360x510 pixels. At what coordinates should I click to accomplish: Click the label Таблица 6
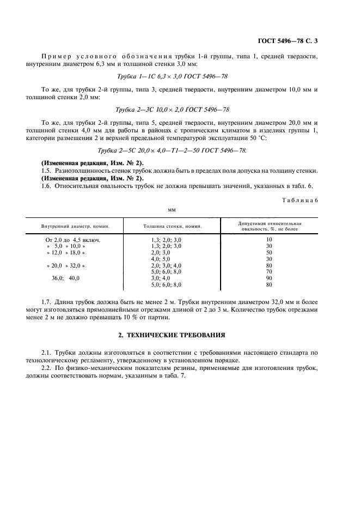[301, 201]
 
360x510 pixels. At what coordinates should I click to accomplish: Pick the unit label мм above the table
[173, 208]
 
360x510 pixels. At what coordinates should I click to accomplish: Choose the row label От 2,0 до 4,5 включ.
[73, 240]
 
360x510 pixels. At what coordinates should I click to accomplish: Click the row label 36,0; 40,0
[65, 278]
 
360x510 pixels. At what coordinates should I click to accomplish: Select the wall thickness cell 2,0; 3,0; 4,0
[166, 265]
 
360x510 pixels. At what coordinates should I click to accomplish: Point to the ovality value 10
[269, 240]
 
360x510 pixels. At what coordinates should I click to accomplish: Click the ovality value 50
[269, 253]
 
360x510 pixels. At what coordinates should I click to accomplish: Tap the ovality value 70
[269, 271]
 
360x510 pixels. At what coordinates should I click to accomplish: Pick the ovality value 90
[269, 278]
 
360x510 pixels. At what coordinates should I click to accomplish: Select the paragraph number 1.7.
[47, 301]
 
